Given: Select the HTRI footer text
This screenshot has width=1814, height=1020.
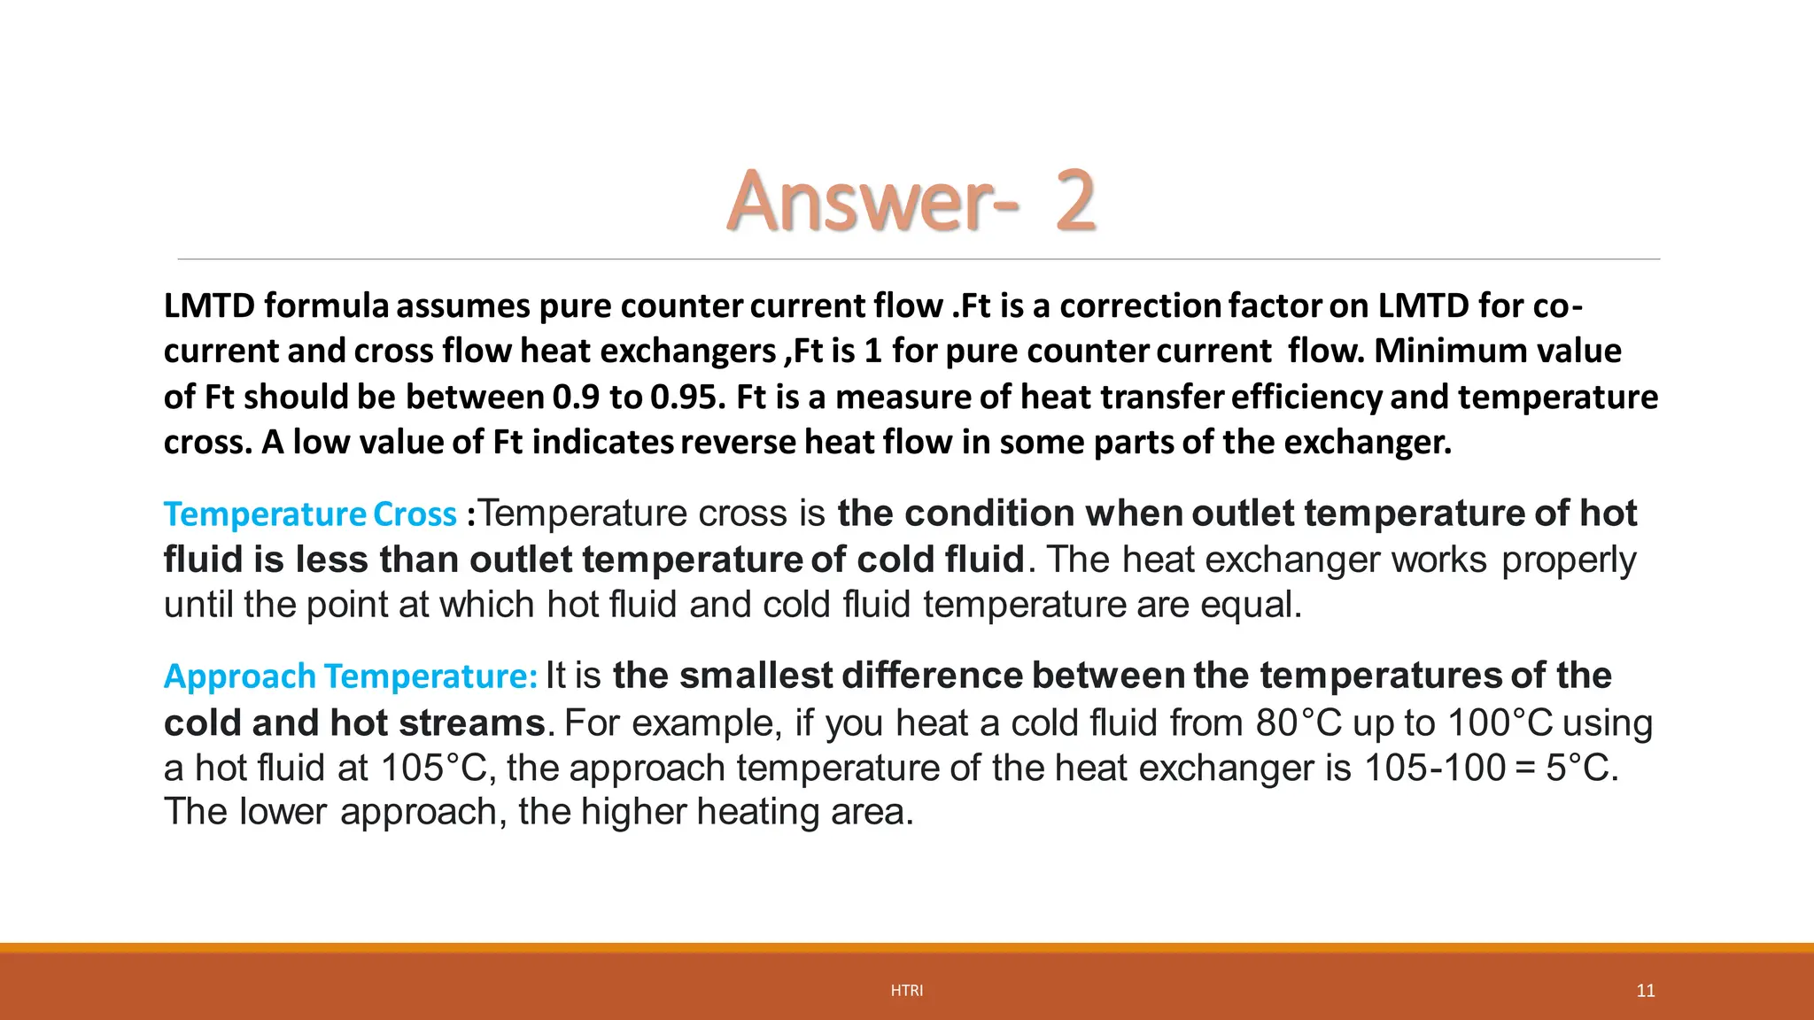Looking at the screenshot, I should point(906,991).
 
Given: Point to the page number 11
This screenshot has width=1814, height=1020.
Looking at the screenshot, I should point(1645,991).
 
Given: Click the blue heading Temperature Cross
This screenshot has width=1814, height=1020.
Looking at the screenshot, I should point(310,514).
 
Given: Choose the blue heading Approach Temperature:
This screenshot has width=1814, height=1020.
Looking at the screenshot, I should point(351,676).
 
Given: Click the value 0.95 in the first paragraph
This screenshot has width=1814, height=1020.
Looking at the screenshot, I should point(687,397).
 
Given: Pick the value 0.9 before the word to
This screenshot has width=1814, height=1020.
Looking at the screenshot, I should point(576,397).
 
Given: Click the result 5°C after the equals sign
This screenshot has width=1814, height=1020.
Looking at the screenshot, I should point(1582,768).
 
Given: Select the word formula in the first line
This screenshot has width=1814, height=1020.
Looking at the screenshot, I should point(326,305).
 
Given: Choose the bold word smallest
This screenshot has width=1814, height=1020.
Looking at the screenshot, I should point(756,676).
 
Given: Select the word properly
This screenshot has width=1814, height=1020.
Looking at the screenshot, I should point(1569,560).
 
